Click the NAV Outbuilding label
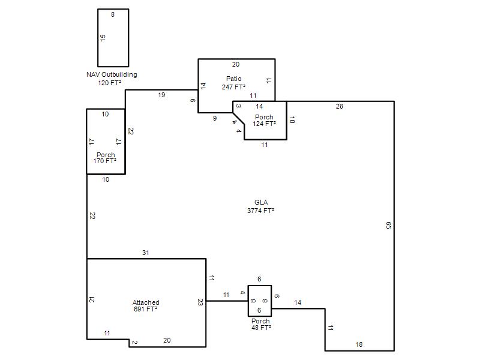112,74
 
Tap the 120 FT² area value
110,83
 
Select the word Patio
234,79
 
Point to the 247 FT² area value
233,87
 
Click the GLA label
261,202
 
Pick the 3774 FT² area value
260,211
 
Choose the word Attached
146,302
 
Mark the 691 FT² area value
145,309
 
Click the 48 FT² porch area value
261,328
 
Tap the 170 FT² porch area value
104,161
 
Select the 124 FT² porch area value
264,124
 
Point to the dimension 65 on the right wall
388,226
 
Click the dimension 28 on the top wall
340,106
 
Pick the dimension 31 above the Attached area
146,253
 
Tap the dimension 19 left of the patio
161,95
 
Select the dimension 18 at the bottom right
359,344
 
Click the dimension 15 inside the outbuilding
103,38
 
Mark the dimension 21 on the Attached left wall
92,299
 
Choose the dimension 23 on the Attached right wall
200,302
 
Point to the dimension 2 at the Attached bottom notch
134,342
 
